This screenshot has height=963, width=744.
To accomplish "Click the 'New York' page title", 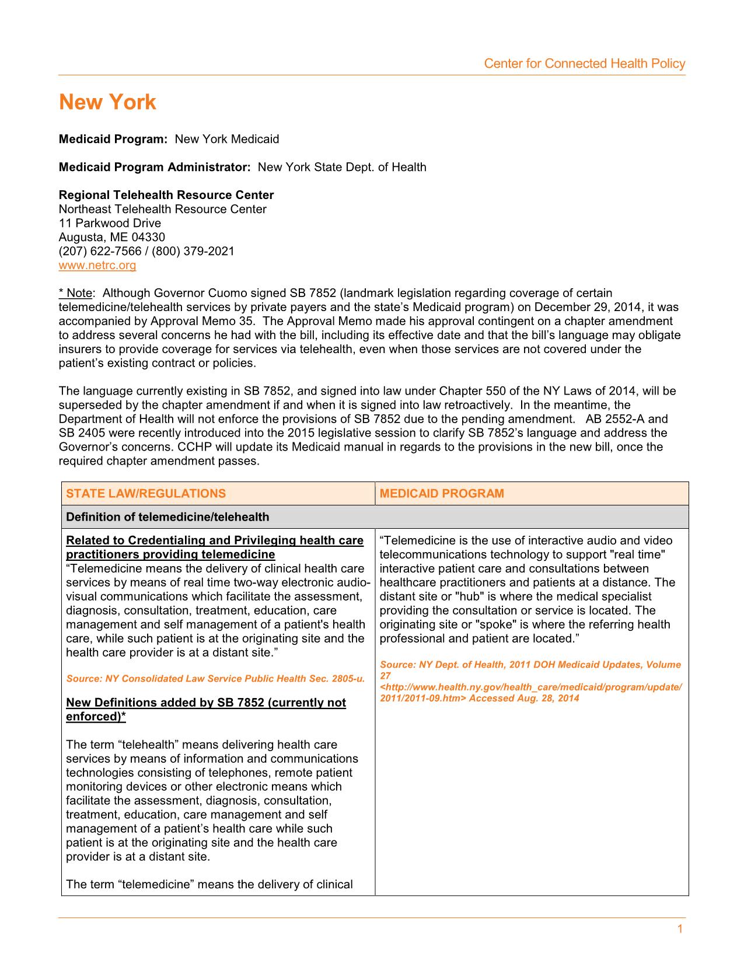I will coord(107,102).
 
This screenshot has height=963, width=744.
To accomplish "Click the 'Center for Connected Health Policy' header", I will coord(584,64).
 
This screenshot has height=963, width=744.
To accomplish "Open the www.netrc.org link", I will coord(97,266).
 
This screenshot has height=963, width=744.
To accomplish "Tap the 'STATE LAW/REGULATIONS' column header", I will coord(146,494).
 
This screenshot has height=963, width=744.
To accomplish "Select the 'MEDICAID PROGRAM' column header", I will coord(442,494).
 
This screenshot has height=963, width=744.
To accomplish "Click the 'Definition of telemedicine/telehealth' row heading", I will coord(168,517).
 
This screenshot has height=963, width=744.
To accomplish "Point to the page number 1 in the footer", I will coord(680,930).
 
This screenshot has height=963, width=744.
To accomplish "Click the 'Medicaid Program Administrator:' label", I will coord(155,168).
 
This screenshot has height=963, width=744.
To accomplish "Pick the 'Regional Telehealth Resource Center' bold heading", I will coord(166,195).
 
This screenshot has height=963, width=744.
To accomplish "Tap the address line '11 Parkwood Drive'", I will coord(110,223).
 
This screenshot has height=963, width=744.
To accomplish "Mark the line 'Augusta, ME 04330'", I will coord(112,237).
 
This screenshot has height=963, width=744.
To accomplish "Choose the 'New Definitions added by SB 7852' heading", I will coord(206,703).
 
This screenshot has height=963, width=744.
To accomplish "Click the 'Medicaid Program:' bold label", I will coord(113,139).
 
